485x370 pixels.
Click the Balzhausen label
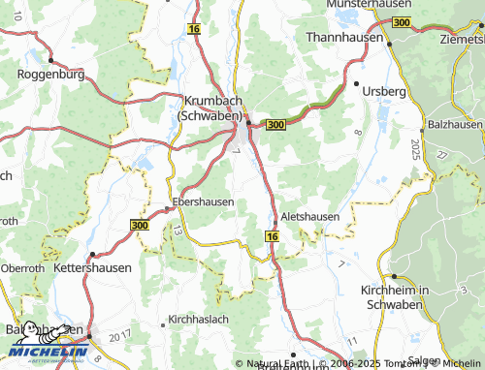point(454,126)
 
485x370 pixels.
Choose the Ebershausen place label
point(203,202)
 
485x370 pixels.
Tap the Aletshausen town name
point(310,216)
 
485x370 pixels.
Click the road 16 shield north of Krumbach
point(194,31)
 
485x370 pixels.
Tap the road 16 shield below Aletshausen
point(272,236)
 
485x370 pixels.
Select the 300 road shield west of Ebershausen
point(139,224)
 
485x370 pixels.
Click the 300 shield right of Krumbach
point(275,125)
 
